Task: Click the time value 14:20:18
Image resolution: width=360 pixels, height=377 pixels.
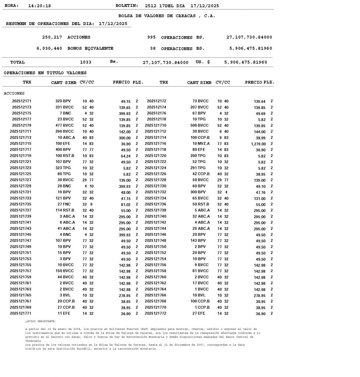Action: [x=39, y=6]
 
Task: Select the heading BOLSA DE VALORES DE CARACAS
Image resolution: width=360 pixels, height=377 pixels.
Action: [x=167, y=16]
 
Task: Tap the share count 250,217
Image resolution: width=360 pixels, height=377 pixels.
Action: [x=52, y=37]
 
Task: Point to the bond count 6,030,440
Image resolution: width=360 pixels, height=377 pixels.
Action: [x=49, y=48]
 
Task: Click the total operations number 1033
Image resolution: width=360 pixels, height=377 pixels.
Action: [x=85, y=62]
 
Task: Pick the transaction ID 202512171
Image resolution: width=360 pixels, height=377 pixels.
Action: [x=22, y=101]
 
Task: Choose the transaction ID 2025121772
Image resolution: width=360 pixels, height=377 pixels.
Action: [x=155, y=313]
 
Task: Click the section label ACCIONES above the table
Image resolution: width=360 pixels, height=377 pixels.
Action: [x=14, y=94]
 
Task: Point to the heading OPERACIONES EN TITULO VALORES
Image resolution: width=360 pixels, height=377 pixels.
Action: [x=45, y=73]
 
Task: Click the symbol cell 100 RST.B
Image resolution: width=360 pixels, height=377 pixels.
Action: [x=65, y=156]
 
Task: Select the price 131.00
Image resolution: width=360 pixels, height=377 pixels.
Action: [x=259, y=198]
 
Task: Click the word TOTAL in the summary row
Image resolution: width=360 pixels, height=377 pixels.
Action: [x=17, y=62]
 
